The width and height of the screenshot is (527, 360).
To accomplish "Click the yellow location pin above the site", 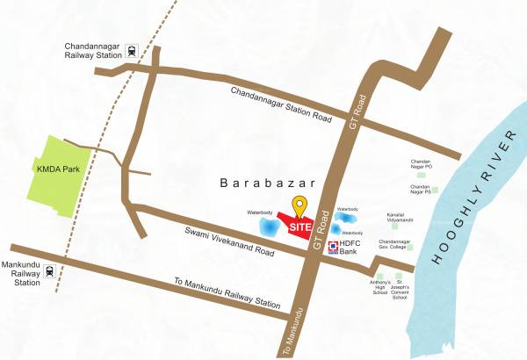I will pyautogui.click(x=300, y=206).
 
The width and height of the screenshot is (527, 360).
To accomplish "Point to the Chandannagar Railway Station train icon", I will pyautogui.click(x=133, y=51).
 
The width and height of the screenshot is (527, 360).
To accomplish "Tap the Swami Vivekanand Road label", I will pyautogui.click(x=235, y=242).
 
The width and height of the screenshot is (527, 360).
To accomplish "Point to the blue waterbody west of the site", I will pyautogui.click(x=268, y=227).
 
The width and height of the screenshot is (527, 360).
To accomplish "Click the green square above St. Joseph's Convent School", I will pyautogui.click(x=399, y=277).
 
